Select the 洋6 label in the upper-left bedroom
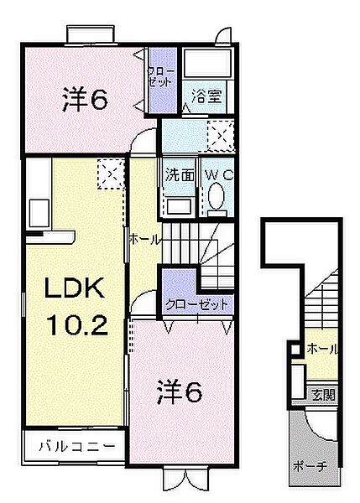point(85,100)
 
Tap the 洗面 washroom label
point(180,176)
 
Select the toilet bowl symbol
point(216,200)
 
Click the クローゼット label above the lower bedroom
point(196,305)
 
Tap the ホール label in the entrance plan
point(322,349)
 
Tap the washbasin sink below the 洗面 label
point(178,205)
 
